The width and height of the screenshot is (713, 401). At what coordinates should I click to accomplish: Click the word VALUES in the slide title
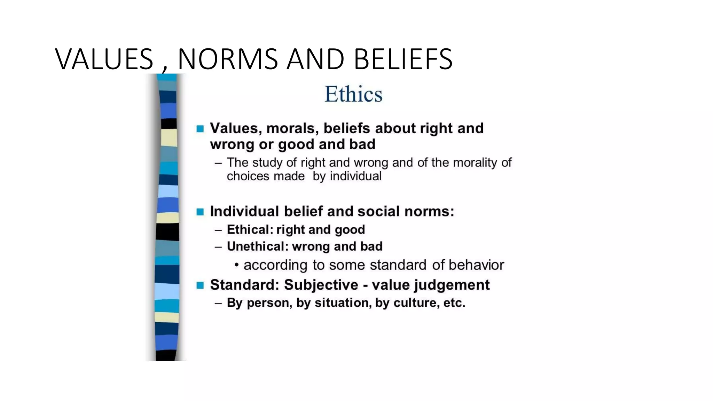[104, 59]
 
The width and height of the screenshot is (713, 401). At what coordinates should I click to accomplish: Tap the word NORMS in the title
[228, 59]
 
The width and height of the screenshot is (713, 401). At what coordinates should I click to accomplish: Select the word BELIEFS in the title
[403, 59]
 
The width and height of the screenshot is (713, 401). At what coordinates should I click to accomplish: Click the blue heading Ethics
[353, 94]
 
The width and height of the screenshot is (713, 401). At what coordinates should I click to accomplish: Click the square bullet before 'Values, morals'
[200, 129]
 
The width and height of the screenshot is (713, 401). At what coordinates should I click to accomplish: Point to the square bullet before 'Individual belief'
[200, 212]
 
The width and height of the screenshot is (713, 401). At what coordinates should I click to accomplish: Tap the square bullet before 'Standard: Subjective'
[200, 285]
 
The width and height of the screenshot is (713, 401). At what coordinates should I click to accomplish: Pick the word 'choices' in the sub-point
[248, 176]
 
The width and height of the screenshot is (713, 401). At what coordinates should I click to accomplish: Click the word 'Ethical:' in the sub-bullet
[250, 230]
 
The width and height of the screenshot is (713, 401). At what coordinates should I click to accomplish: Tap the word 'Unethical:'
[258, 246]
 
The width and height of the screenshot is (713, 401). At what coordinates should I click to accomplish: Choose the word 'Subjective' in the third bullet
[321, 285]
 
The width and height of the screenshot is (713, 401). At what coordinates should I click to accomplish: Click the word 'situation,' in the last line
[343, 303]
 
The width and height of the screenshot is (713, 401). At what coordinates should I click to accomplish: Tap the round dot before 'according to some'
[237, 265]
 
